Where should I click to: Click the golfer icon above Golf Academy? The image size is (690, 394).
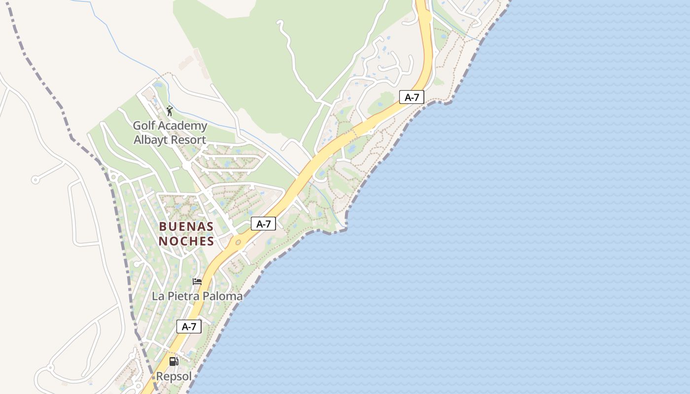[170, 111]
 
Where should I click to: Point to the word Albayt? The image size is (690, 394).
[150, 140]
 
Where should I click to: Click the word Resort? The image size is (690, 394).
[188, 140]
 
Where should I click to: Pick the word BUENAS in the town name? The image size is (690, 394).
[186, 227]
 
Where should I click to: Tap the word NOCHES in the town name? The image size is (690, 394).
[186, 241]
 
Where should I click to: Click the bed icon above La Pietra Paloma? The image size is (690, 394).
[197, 282]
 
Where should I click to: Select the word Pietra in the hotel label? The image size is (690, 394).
[183, 296]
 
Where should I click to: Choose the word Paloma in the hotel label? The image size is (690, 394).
[224, 296]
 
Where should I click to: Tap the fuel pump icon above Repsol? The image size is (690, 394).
[173, 361]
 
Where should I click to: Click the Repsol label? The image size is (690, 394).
[173, 376]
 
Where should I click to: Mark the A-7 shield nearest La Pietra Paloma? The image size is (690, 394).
[189, 327]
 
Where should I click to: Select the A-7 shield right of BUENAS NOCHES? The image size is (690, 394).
[263, 224]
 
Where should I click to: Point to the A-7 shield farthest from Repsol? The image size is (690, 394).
[412, 98]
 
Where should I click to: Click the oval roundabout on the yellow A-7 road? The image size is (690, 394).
[239, 242]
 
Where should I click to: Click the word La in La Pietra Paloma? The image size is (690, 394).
[158, 296]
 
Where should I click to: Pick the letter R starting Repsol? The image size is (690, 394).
[160, 376]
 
